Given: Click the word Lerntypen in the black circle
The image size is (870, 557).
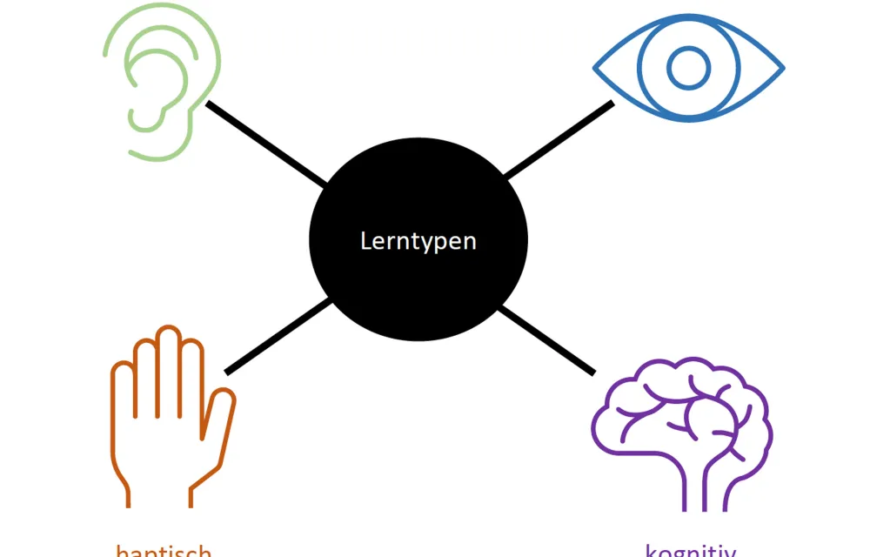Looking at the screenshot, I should coord(418,240).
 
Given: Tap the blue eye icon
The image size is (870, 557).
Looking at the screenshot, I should coord(688,68).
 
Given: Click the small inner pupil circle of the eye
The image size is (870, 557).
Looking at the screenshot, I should coord(688,68).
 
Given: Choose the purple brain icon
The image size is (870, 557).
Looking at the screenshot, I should coord(681,426).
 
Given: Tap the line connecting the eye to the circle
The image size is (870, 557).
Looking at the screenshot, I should coord(559,140).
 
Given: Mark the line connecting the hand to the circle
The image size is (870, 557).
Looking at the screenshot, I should coord(277,337).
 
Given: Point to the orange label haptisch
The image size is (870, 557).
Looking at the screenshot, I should coord(164,551).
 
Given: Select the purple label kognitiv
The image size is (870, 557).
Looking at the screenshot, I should coord(691,551).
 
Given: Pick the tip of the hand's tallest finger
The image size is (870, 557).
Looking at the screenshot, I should coord(168,332).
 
